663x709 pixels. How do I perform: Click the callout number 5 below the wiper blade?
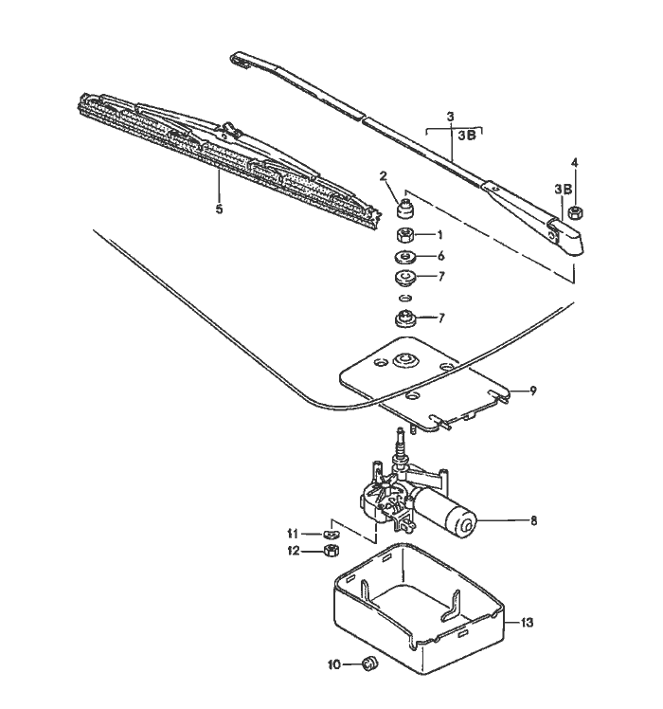(x=219, y=209)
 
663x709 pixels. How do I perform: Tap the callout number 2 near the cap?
(x=384, y=175)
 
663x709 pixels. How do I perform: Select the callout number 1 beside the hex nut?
(x=439, y=234)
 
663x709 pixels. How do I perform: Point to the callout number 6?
(x=439, y=256)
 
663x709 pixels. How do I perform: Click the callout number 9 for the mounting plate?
(x=533, y=391)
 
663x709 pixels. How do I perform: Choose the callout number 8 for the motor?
(x=533, y=520)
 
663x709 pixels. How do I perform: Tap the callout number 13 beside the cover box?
(x=528, y=623)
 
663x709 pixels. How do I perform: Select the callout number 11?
(x=294, y=533)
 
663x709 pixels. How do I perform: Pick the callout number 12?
(x=294, y=551)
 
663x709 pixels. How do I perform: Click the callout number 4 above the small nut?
(x=574, y=162)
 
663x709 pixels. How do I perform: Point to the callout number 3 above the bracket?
(x=451, y=116)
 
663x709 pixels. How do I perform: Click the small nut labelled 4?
(x=574, y=212)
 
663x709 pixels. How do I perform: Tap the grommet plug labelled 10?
(x=370, y=664)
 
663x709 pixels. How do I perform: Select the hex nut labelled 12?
(x=331, y=550)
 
